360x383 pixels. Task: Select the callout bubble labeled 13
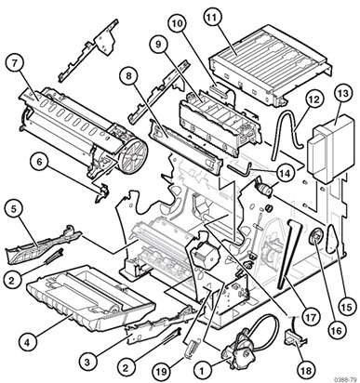tap(346, 93)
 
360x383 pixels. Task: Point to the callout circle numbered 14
tap(285, 173)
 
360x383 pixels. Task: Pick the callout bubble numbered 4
tap(27, 342)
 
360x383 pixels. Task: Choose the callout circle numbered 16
tap(336, 330)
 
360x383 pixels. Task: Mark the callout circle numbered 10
tap(179, 22)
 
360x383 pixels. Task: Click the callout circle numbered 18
tap(305, 369)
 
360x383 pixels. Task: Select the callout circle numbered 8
tap(128, 76)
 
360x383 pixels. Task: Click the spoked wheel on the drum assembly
tap(133, 153)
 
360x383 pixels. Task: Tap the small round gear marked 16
tap(315, 238)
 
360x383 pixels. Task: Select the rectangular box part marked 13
tap(330, 147)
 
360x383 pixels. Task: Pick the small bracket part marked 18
tap(294, 337)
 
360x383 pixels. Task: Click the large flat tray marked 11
tap(270, 62)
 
